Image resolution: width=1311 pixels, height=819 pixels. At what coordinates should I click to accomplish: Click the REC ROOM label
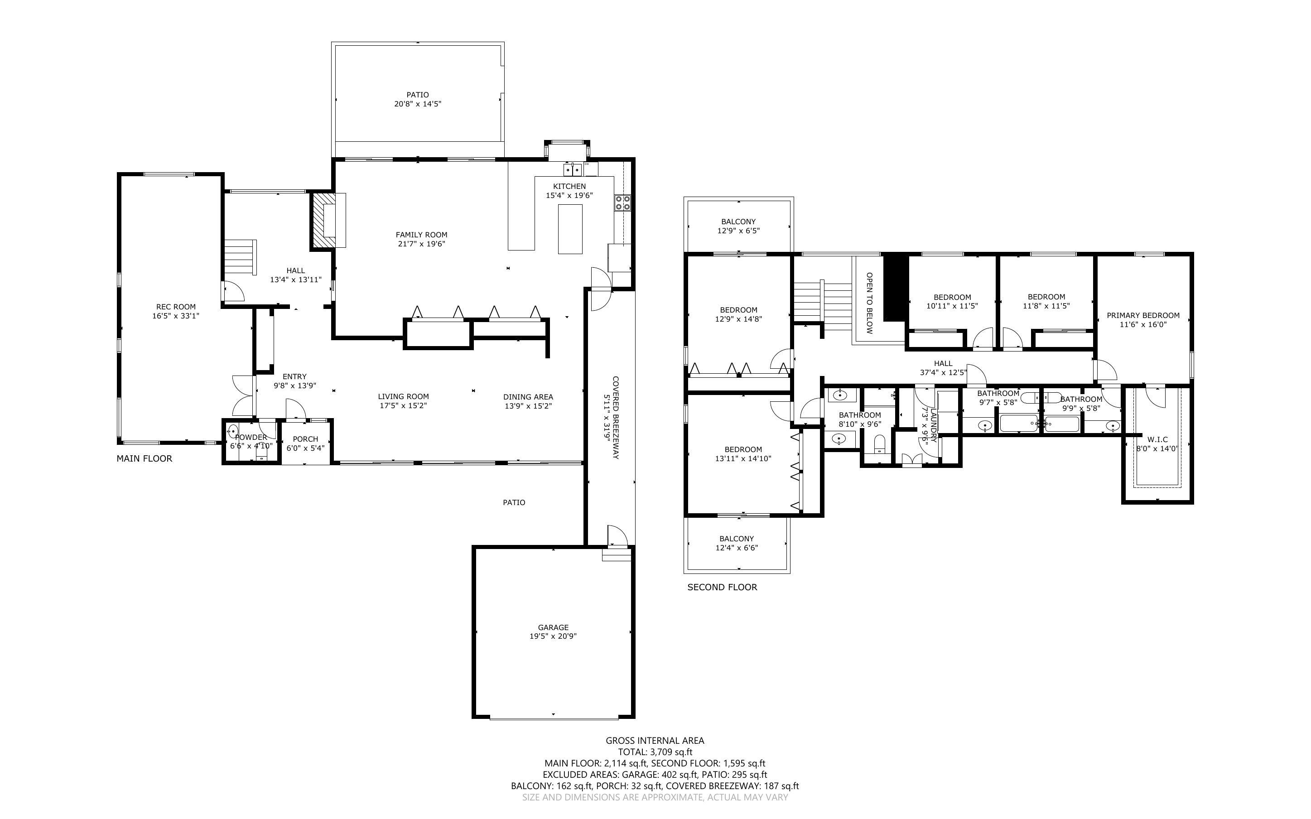pos(176,307)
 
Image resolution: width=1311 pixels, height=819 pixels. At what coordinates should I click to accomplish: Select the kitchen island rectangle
pos(570,229)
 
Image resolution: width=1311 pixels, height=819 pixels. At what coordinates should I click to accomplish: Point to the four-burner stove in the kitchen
pos(622,202)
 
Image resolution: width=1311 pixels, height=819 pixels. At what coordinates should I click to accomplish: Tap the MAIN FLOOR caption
pos(145,458)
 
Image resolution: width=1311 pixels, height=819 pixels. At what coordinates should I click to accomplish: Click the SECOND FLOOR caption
pos(723,587)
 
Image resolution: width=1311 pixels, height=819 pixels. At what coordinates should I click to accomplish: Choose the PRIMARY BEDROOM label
pos(1143,315)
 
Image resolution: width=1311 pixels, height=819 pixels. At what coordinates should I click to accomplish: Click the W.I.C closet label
pos(1157,439)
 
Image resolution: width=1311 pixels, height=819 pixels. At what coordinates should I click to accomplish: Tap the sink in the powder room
pos(232,432)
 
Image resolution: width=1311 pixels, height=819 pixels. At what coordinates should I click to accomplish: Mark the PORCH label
pos(305,439)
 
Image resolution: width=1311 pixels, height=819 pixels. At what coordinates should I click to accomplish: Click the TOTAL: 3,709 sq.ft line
pos(655,752)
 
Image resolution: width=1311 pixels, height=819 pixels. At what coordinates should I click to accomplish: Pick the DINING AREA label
pos(528,396)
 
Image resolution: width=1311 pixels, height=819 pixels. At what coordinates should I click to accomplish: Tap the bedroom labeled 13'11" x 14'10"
pos(743,454)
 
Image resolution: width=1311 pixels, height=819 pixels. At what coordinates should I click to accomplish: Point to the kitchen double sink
pos(573,169)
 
